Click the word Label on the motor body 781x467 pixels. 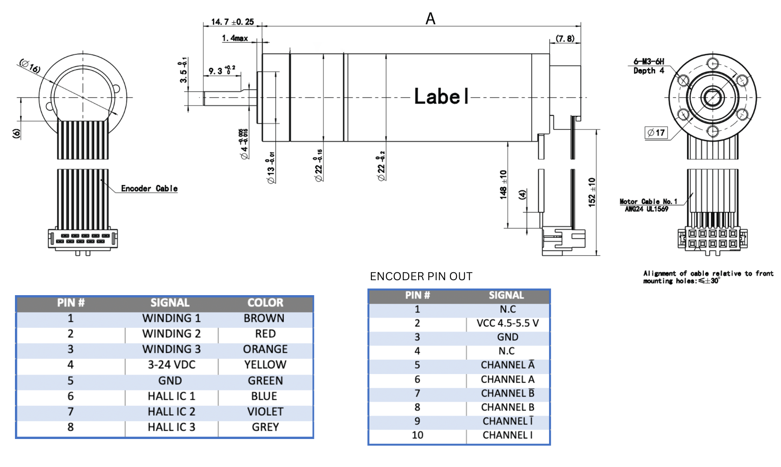coord(441,97)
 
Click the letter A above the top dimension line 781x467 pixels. coord(430,19)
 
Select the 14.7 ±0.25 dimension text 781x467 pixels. coord(232,22)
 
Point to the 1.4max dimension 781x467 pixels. coord(235,38)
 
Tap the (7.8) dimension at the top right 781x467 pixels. coord(565,38)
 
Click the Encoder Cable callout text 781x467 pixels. coord(149,189)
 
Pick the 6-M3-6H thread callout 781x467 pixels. coord(649,62)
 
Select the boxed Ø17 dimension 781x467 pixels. coord(656,133)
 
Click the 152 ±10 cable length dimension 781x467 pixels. coord(592,192)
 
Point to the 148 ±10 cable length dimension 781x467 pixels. coord(504,184)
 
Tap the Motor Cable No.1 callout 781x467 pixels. coord(648,202)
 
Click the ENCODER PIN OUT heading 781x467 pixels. coord(421,276)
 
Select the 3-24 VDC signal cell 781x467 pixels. coord(171,365)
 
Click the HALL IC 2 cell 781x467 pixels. coord(171,412)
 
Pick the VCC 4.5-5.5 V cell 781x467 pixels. coord(507,323)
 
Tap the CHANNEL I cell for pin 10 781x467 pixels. coord(507,435)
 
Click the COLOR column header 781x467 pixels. coord(265,303)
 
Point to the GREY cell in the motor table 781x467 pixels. coord(265,427)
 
